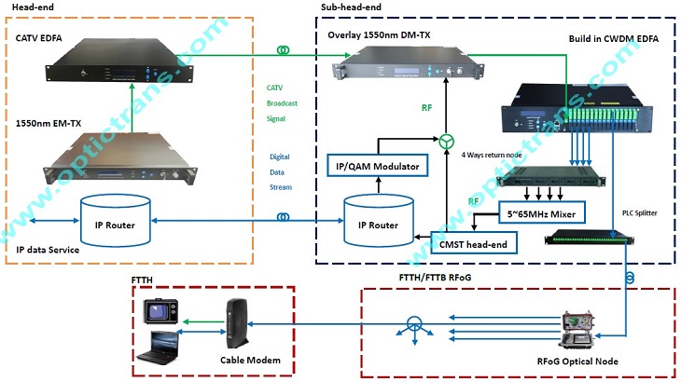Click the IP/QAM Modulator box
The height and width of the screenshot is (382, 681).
[377, 167]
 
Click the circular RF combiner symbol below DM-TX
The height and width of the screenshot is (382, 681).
[446, 142]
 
